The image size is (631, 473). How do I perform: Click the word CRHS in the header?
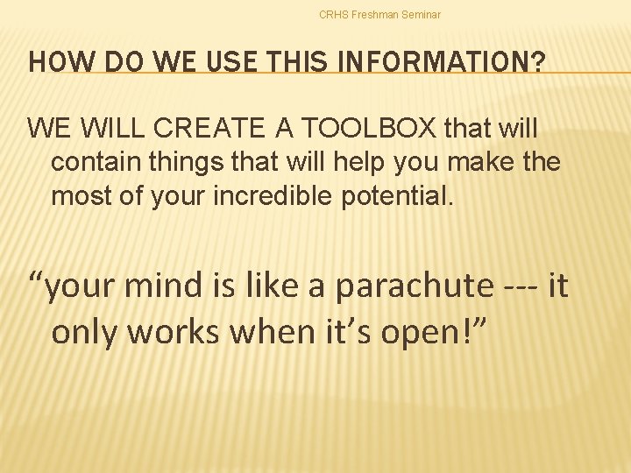(333, 15)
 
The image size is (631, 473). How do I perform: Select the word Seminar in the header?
(422, 15)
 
